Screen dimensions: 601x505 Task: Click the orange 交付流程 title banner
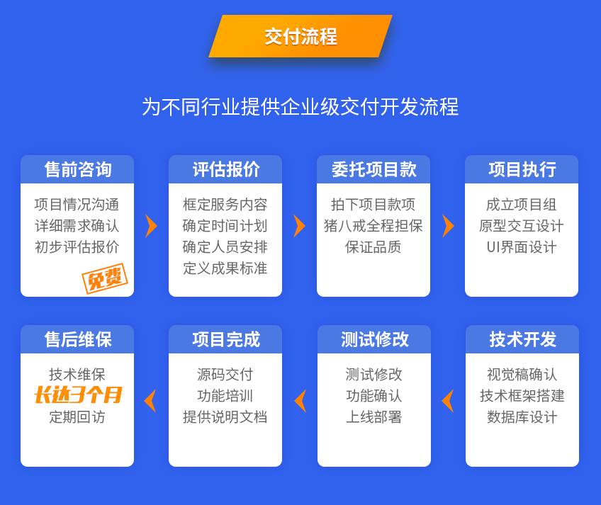[300, 36]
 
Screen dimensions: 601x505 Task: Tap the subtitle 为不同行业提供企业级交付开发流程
[300, 106]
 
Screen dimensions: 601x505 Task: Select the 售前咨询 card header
[77, 169]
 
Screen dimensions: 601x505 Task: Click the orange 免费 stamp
[105, 278]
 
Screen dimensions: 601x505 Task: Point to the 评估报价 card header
[225, 169]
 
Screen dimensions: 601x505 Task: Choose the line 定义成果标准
[225, 268]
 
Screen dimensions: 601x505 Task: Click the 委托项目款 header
[373, 169]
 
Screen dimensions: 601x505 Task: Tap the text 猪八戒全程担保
[373, 226]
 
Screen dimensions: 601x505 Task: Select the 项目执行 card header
[522, 169]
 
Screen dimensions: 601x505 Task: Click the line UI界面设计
[522, 247]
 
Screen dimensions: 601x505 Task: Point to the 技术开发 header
[522, 339]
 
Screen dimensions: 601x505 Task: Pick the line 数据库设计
[522, 417]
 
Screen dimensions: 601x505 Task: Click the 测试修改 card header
[374, 339]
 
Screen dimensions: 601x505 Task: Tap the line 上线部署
[373, 417]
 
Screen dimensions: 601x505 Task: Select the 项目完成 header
[225, 339]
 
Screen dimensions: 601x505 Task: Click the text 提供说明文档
[225, 417]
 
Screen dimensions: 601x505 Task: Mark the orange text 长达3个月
[78, 395]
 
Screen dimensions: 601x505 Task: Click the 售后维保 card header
[77, 339]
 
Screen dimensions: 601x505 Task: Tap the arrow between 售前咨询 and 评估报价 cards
[152, 226]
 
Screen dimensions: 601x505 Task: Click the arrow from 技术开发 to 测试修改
[447, 401]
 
